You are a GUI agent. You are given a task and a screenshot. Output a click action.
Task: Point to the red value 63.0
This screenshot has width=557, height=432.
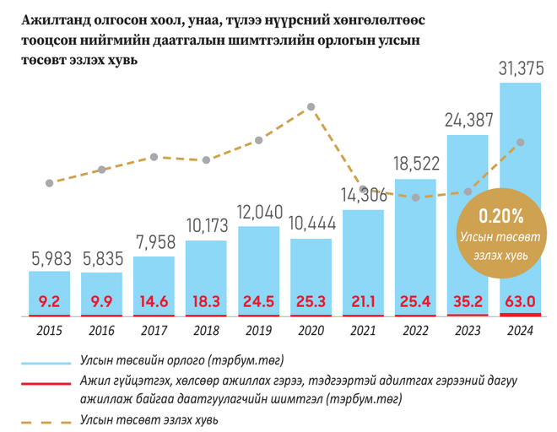pyautogui.click(x=521, y=301)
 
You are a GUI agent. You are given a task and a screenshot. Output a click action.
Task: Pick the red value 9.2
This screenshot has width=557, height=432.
pyautogui.click(x=50, y=301)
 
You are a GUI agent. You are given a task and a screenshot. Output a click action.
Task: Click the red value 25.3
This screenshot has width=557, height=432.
pyautogui.click(x=311, y=301)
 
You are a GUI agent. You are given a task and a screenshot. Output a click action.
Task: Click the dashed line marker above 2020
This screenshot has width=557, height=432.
pyautogui.click(x=311, y=106)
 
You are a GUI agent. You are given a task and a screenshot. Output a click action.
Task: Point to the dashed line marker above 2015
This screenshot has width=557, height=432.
pyautogui.click(x=50, y=183)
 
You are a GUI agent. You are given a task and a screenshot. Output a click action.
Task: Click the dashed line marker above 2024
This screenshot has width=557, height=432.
pyautogui.click(x=521, y=142)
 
